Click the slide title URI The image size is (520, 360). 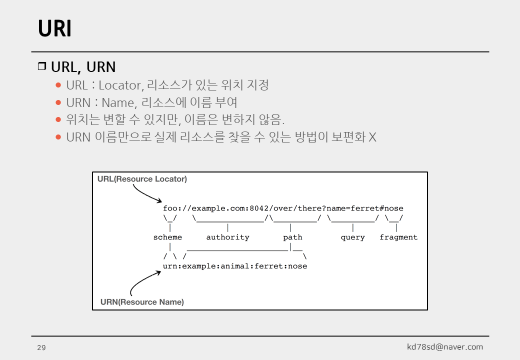tap(54, 29)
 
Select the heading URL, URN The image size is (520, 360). tap(83, 67)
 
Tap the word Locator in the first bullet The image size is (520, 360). tap(119, 85)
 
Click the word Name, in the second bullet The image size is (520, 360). tap(118, 103)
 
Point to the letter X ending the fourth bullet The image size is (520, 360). tap(372, 137)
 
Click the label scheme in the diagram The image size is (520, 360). tap(167, 237)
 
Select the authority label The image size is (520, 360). tap(227, 237)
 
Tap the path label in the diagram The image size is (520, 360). tap(292, 237)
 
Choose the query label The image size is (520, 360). tap(352, 237)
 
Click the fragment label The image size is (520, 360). tap(398, 237)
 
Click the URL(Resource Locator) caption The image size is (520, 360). tap(142, 179)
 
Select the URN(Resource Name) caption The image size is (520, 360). tap(142, 302)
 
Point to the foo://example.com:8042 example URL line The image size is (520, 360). tap(283, 208)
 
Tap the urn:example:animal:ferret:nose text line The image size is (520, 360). tap(235, 266)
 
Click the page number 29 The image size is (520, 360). tap(41, 347)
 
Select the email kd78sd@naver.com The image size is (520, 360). tap(445, 347)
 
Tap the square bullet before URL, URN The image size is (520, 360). tap(42, 66)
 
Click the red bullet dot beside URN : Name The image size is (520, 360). tap(58, 103)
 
